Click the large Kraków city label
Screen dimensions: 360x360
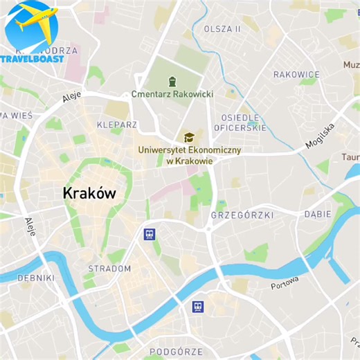(89, 193)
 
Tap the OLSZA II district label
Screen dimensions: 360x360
(222, 29)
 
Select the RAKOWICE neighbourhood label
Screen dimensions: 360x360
(296, 74)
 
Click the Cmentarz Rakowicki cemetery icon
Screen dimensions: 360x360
(172, 81)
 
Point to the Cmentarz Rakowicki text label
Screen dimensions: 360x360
(172, 93)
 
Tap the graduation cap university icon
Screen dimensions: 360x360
(186, 137)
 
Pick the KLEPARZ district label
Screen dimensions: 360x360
(117, 125)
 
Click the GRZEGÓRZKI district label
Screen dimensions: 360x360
(242, 215)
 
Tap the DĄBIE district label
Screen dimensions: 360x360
(317, 214)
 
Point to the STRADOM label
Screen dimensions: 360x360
(109, 269)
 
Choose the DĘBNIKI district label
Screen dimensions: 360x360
(35, 278)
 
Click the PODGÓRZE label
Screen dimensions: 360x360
(177, 352)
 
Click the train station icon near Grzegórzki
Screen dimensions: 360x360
(149, 234)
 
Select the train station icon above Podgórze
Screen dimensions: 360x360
(198, 307)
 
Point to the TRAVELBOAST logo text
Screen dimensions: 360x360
(33, 58)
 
